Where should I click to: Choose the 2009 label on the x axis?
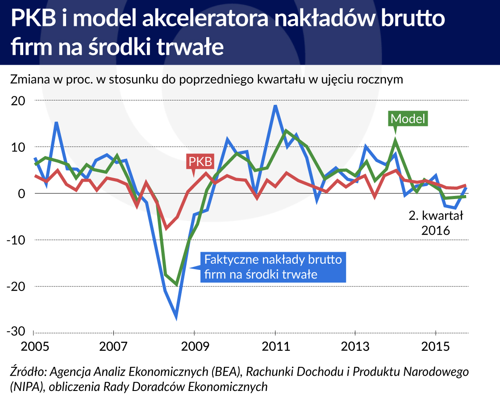(194, 347)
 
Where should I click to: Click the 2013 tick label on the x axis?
(355, 347)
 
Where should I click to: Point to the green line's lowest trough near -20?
(177, 284)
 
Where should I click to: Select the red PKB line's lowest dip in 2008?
(167, 228)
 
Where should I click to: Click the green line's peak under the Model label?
(395, 141)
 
